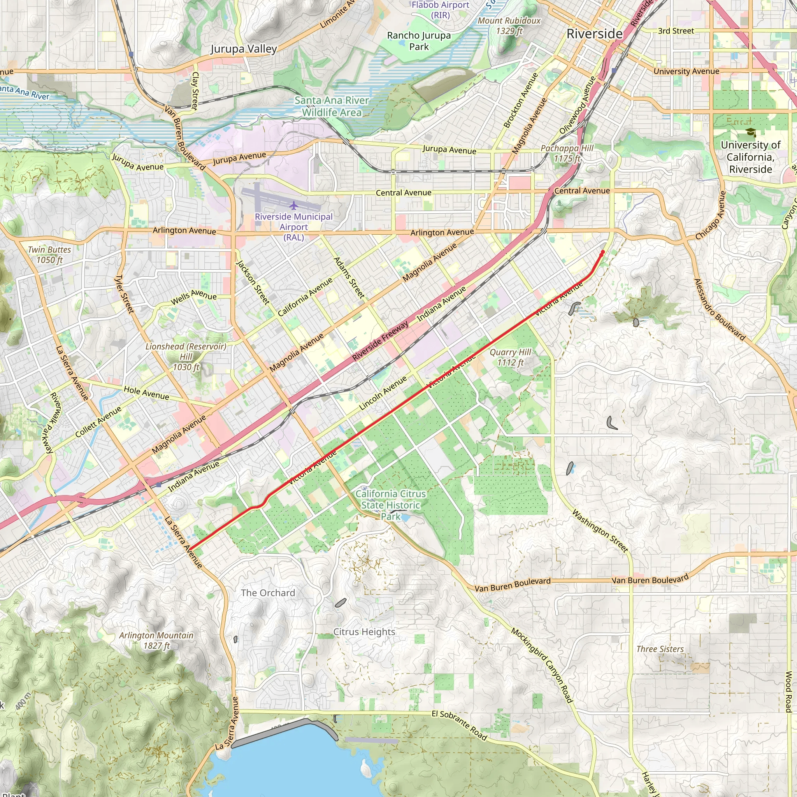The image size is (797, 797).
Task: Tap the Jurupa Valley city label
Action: pos(243,49)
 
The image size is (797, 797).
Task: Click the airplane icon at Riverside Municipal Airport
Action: pos(293,205)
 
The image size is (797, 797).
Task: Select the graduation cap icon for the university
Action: pos(750,132)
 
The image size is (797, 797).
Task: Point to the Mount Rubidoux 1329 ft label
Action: pos(509,26)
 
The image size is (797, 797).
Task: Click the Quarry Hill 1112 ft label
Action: pos(510,357)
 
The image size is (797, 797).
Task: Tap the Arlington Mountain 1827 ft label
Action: pos(156,640)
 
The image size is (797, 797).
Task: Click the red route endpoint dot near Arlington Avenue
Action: pos(603,252)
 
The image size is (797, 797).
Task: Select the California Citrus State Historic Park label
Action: pos(390,505)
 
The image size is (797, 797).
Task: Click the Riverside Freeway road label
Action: pos(380,341)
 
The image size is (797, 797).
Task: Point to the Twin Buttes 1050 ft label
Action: pos(49,255)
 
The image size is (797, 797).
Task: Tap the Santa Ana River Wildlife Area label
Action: pos(332,106)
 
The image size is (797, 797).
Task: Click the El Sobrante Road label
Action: pos(460,725)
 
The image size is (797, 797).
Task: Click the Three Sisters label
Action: pos(660,649)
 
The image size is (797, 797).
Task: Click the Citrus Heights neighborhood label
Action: pos(364,632)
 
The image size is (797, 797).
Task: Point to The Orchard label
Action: pos(268,593)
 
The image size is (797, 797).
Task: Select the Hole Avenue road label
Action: pos(146,393)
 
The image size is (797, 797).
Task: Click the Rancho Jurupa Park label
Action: pos(419,41)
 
